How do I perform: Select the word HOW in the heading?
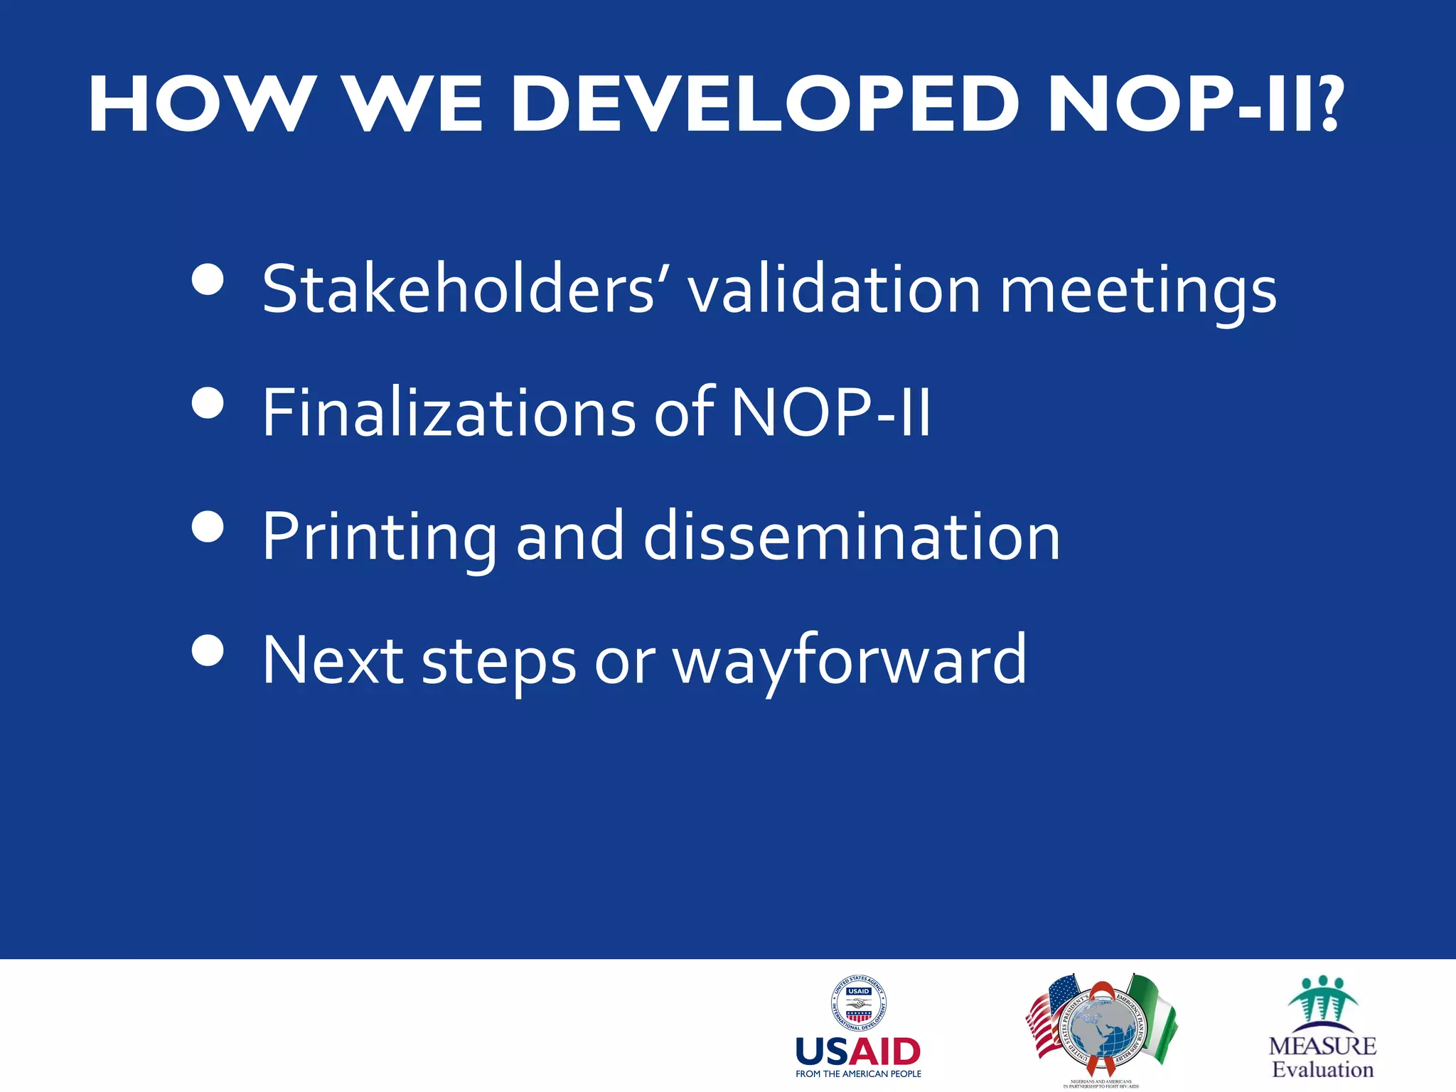tap(203, 105)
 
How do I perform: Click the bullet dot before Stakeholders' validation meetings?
tap(208, 279)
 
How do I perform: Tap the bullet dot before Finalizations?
tap(208, 403)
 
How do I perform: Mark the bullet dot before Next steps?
tap(208, 650)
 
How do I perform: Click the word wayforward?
tap(850, 661)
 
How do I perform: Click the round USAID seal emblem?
tap(859, 1003)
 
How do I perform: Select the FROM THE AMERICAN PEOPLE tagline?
tap(858, 1074)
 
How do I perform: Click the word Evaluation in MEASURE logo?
tap(1322, 1069)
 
